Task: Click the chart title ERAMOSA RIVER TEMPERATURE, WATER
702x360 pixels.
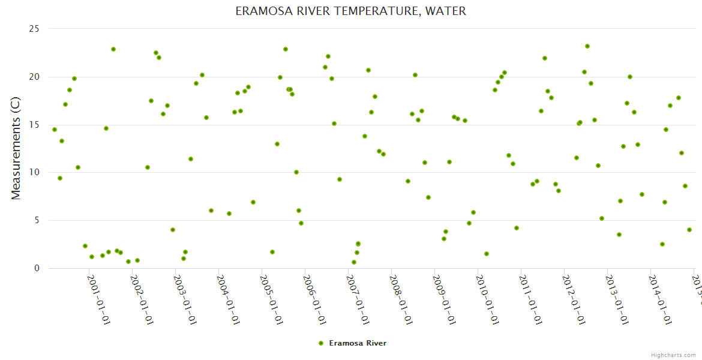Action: (x=350, y=11)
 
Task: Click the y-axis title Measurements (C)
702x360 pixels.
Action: (x=16, y=148)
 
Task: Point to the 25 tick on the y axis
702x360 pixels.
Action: (x=34, y=29)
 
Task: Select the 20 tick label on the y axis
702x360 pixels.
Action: (x=34, y=77)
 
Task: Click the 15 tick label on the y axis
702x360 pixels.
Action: (x=34, y=125)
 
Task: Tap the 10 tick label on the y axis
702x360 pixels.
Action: (x=34, y=172)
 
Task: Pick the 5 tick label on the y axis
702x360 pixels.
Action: (x=36, y=220)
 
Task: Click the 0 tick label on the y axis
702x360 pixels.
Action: (x=36, y=268)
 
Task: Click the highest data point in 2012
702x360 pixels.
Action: (x=587, y=46)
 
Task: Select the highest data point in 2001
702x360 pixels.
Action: (x=113, y=49)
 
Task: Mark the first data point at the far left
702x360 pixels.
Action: (x=55, y=130)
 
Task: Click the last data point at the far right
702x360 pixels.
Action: (x=689, y=230)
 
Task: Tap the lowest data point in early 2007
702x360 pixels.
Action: (x=354, y=262)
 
